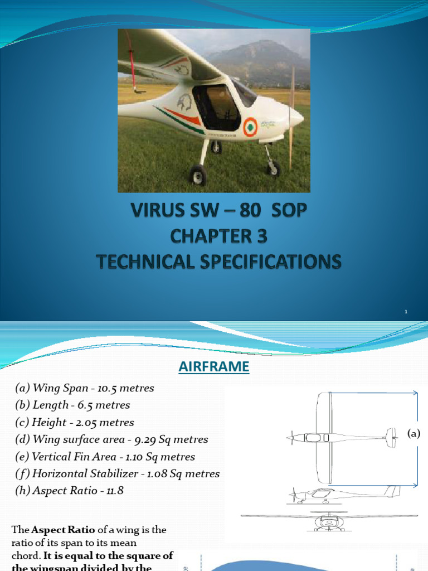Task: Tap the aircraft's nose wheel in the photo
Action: click(273, 167)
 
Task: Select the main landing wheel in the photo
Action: click(198, 176)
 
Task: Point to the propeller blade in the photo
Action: click(291, 117)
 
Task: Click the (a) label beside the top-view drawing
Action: click(414, 433)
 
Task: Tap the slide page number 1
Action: click(406, 312)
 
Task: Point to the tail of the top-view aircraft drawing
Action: click(391, 438)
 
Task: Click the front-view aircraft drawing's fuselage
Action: click(329, 522)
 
